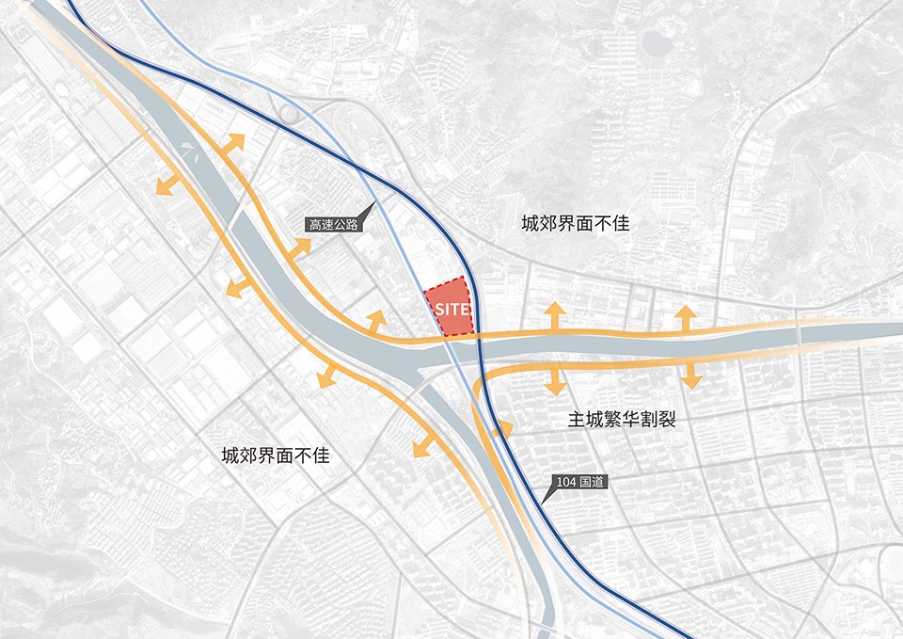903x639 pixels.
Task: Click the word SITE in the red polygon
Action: (x=447, y=307)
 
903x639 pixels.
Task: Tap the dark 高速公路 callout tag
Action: (x=333, y=225)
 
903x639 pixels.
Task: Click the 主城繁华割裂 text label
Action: (x=622, y=420)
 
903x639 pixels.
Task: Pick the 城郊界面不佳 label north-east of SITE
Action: (x=575, y=225)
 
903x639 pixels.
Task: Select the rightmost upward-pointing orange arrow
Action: (x=686, y=317)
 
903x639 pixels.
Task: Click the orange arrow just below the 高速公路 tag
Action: (x=300, y=248)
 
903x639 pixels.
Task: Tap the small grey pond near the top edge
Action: (x=659, y=42)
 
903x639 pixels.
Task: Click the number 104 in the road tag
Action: (x=565, y=483)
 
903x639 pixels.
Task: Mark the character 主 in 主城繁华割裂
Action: (x=577, y=420)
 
